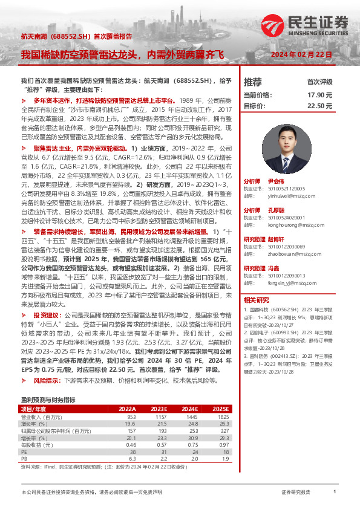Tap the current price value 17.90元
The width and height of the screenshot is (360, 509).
[x=320, y=95]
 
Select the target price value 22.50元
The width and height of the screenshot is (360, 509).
[x=320, y=105]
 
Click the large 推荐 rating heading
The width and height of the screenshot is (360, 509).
[x=252, y=82]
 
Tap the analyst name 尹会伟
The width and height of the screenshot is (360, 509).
[x=277, y=181]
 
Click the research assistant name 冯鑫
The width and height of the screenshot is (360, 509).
[x=273, y=268]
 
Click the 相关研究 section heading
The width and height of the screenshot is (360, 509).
[x=256, y=299]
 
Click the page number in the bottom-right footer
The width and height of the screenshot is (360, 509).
[x=334, y=493]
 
